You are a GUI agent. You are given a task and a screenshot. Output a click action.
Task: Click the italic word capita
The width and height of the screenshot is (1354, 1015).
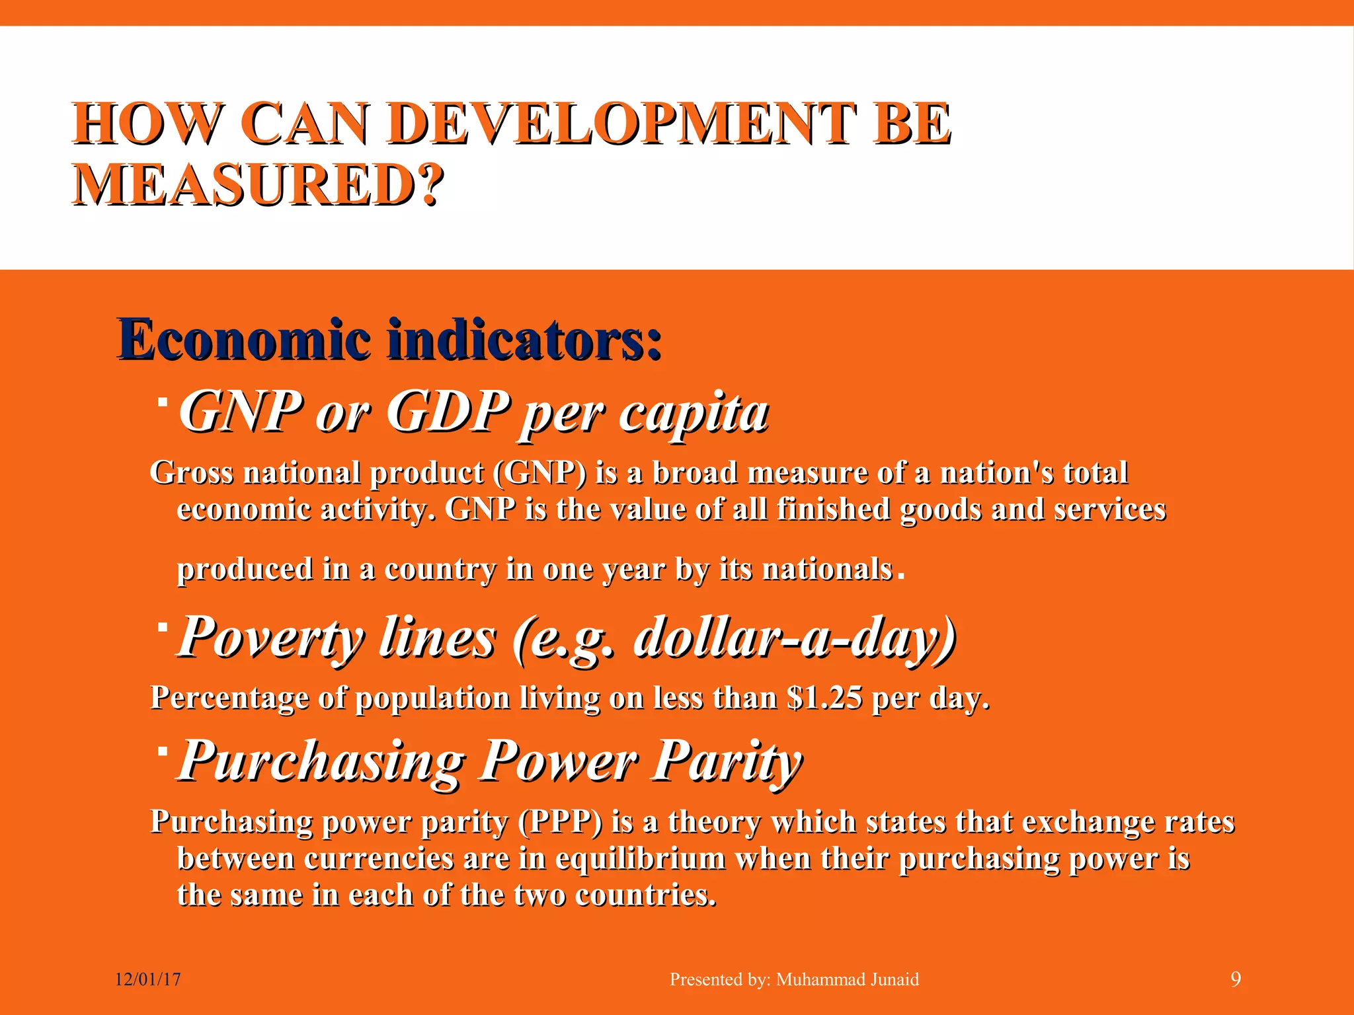694,412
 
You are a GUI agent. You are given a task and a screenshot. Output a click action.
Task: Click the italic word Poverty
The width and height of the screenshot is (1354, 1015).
271,637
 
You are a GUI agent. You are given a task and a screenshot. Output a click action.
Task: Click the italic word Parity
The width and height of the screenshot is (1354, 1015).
727,761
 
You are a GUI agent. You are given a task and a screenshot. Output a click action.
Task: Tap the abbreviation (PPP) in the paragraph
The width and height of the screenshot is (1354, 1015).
560,822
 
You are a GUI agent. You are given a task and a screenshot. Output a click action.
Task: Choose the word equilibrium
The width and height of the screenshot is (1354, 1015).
640,858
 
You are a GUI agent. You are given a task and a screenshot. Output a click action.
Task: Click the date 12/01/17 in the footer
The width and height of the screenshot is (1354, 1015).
148,979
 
